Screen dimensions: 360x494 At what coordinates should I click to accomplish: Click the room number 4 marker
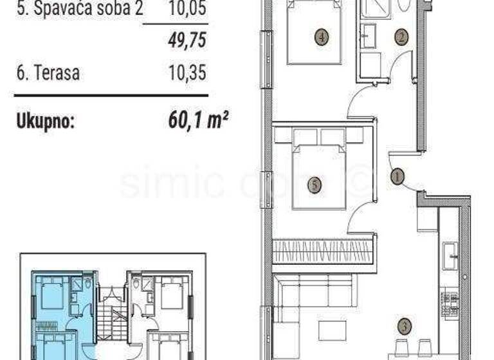pyautogui.click(x=322, y=37)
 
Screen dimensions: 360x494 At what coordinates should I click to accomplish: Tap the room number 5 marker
pyautogui.click(x=314, y=186)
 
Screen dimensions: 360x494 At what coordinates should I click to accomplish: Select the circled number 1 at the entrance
pyautogui.click(x=398, y=174)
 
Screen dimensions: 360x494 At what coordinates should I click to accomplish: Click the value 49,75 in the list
pyautogui.click(x=187, y=41)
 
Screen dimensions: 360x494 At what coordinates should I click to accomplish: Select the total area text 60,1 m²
pyautogui.click(x=197, y=119)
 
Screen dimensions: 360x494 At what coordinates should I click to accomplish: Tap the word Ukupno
pyautogui.click(x=45, y=120)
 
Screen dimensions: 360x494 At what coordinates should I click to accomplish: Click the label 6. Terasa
pyautogui.click(x=48, y=73)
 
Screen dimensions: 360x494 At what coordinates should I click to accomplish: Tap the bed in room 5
pyautogui.click(x=319, y=174)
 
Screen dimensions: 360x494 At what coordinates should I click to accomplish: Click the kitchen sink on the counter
pyautogui.click(x=451, y=255)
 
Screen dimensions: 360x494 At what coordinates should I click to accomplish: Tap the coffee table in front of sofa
pyautogui.click(x=332, y=330)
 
